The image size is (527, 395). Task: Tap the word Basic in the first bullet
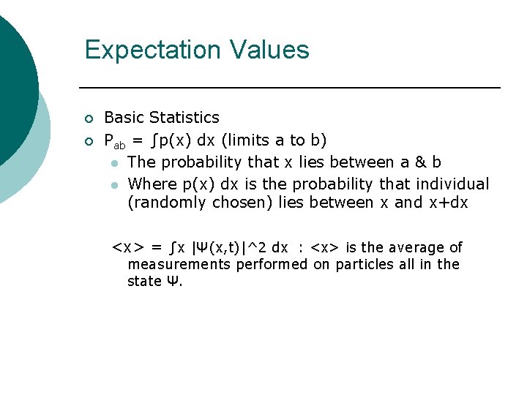coord(125,118)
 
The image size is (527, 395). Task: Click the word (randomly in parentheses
coord(167,203)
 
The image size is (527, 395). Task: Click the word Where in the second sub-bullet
coord(150,184)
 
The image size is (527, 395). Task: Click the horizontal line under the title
coord(293,88)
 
